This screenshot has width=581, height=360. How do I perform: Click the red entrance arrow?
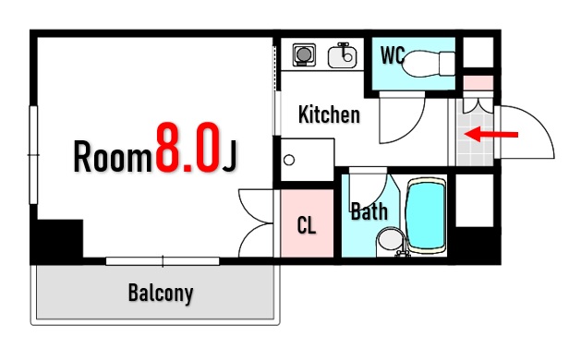point(491,134)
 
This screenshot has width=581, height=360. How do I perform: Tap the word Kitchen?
point(329,114)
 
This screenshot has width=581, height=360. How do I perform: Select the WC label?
point(393,55)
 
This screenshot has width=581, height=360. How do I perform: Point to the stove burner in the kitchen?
point(304,54)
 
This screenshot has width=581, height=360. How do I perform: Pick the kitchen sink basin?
point(343,56)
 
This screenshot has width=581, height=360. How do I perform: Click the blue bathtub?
point(426,216)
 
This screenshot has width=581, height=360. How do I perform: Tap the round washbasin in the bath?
point(391,239)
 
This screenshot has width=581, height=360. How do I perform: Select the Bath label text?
point(369,211)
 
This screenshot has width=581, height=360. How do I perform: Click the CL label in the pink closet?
point(307,225)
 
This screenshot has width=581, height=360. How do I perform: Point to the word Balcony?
point(161,294)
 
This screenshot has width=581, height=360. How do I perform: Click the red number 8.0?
point(188,147)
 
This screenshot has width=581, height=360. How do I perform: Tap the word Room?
point(113,156)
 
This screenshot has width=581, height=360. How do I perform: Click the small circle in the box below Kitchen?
point(289,161)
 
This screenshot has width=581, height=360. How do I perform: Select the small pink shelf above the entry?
point(478,83)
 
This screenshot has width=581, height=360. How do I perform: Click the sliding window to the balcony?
point(163,261)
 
